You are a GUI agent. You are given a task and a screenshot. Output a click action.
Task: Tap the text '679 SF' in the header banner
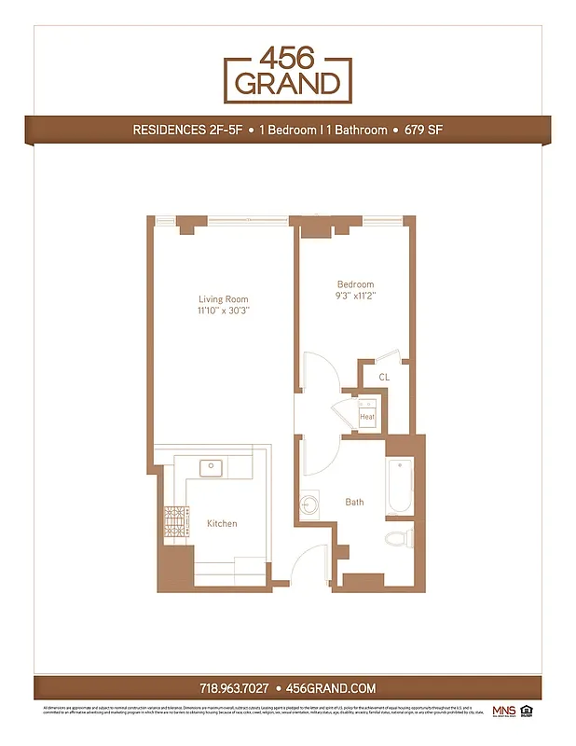point(423,131)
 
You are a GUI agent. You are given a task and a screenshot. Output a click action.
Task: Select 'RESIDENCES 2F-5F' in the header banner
point(187,131)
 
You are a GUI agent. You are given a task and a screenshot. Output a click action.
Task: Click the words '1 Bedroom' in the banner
point(287,131)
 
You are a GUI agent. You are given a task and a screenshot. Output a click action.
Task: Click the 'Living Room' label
point(224,299)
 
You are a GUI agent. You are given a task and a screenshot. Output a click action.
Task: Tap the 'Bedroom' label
point(355,284)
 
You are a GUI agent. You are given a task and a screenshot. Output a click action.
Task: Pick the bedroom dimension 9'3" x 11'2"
point(355,297)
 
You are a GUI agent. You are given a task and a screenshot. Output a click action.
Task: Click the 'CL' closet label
point(384,377)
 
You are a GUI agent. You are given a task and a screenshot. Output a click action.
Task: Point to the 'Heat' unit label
point(367,417)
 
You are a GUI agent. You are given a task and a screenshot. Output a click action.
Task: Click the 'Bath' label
point(354,503)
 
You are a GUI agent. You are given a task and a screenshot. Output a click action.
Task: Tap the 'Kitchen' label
point(222,524)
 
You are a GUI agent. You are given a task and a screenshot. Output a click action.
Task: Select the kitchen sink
point(212,466)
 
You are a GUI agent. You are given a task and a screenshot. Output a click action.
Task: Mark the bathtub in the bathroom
point(400,486)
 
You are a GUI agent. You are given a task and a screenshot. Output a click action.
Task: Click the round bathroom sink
point(309,504)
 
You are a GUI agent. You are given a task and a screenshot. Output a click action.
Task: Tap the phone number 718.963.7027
point(234,688)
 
